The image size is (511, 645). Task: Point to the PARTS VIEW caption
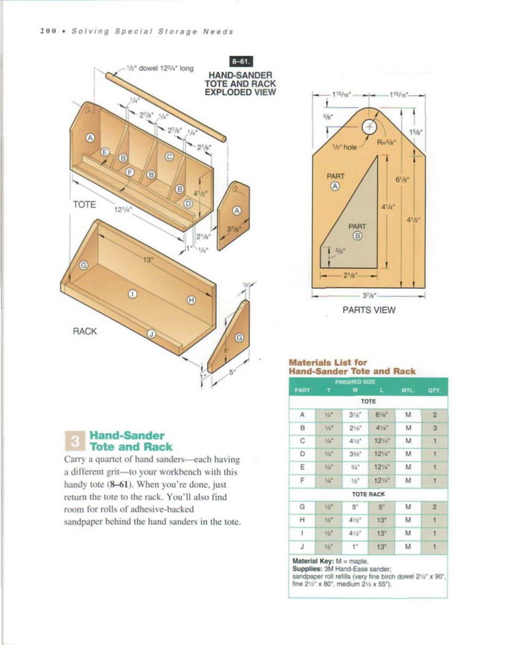[x=369, y=310]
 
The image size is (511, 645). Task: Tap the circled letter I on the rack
[x=131, y=294]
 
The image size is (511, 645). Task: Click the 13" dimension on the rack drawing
[x=147, y=259]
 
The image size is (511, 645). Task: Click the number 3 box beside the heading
[x=73, y=441]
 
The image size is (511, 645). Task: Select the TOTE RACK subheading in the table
[x=368, y=493]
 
